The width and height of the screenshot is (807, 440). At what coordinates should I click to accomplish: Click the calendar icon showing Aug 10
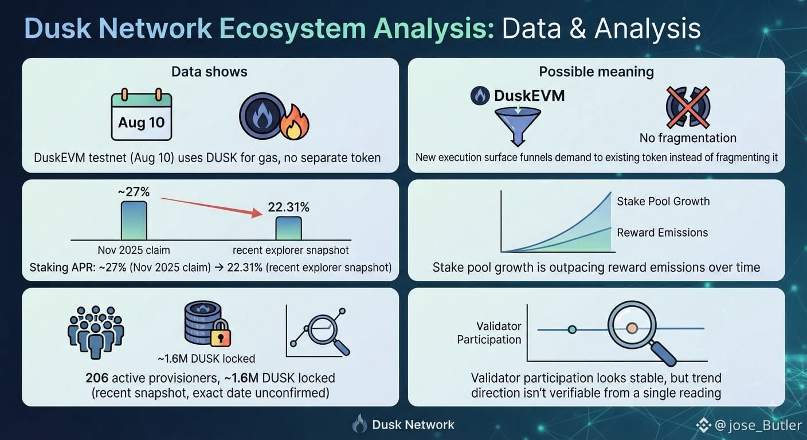tap(142, 115)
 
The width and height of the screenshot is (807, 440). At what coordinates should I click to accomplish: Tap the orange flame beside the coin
tap(295, 123)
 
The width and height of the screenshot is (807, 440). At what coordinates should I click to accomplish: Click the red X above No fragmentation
tap(688, 107)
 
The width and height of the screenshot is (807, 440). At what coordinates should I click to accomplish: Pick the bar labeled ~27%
tap(134, 221)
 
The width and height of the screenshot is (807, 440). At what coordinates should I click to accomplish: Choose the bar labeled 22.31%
tap(288, 228)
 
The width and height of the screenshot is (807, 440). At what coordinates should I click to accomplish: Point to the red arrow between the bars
tap(212, 207)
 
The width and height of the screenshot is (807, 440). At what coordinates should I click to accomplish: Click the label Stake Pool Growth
tap(663, 201)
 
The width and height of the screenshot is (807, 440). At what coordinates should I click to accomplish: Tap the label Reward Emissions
tap(663, 233)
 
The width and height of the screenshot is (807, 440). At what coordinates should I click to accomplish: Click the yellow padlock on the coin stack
tap(221, 333)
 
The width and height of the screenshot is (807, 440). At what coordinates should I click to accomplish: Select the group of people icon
tap(96, 332)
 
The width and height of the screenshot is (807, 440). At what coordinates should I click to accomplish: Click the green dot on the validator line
tap(572, 329)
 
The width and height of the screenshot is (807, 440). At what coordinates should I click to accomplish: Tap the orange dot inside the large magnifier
tap(632, 328)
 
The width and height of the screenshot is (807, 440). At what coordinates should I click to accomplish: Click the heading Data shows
tap(209, 72)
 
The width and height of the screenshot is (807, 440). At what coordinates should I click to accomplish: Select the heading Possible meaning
tap(596, 72)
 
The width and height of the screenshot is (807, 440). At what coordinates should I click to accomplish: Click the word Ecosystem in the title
tap(292, 29)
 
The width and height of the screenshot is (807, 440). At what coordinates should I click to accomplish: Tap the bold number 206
tap(97, 378)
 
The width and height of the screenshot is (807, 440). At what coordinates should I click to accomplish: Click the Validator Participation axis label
tap(489, 333)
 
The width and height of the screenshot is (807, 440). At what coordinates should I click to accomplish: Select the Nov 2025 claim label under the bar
tap(134, 250)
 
